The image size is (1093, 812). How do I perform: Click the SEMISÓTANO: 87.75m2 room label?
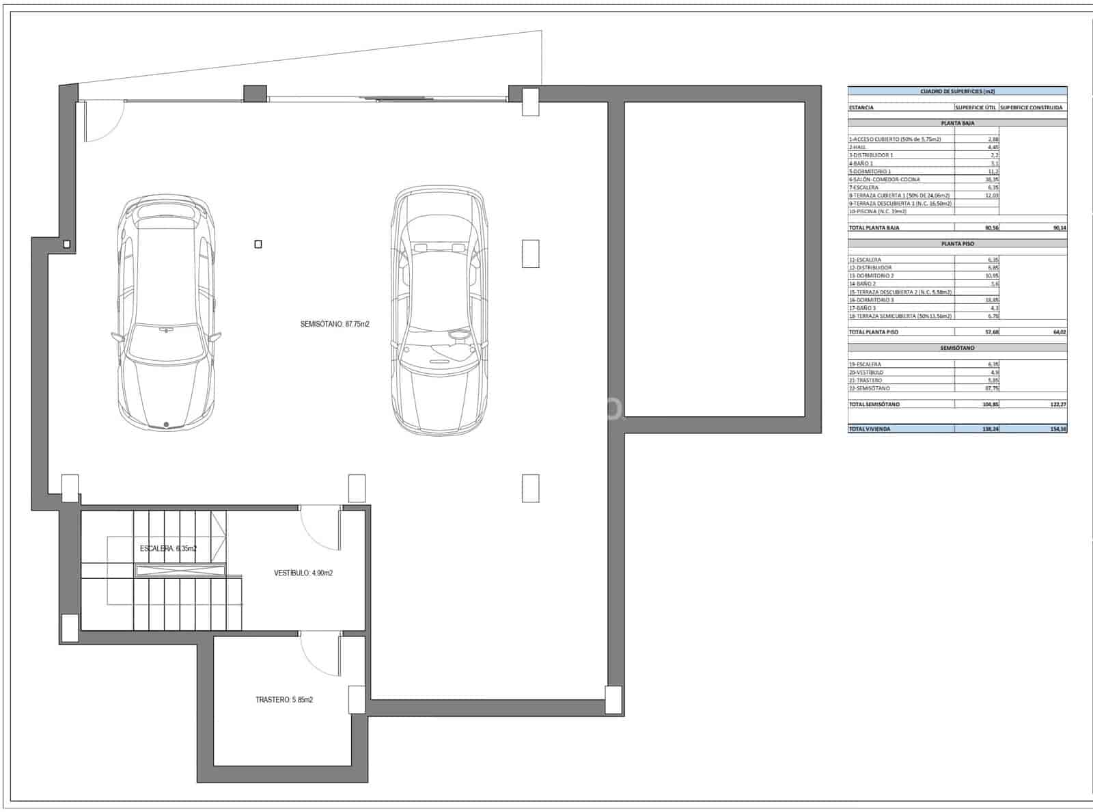334,324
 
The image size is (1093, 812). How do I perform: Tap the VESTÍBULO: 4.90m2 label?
303,573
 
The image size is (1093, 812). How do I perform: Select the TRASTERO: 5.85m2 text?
284,700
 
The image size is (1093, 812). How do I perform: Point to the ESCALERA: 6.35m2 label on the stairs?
168,548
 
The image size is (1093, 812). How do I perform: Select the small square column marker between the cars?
258,244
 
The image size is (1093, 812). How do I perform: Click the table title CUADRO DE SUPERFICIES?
957,91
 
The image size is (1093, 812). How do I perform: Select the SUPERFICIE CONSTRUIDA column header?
1032,107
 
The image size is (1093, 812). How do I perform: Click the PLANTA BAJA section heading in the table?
957,123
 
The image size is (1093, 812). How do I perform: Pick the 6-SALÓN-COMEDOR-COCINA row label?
884,179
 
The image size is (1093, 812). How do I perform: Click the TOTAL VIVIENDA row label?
870,429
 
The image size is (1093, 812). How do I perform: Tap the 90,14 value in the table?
1060,228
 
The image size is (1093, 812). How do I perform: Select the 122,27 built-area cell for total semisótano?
1058,404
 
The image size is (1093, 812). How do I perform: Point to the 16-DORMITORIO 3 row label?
871,299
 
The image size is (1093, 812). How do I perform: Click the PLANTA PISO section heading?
957,243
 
